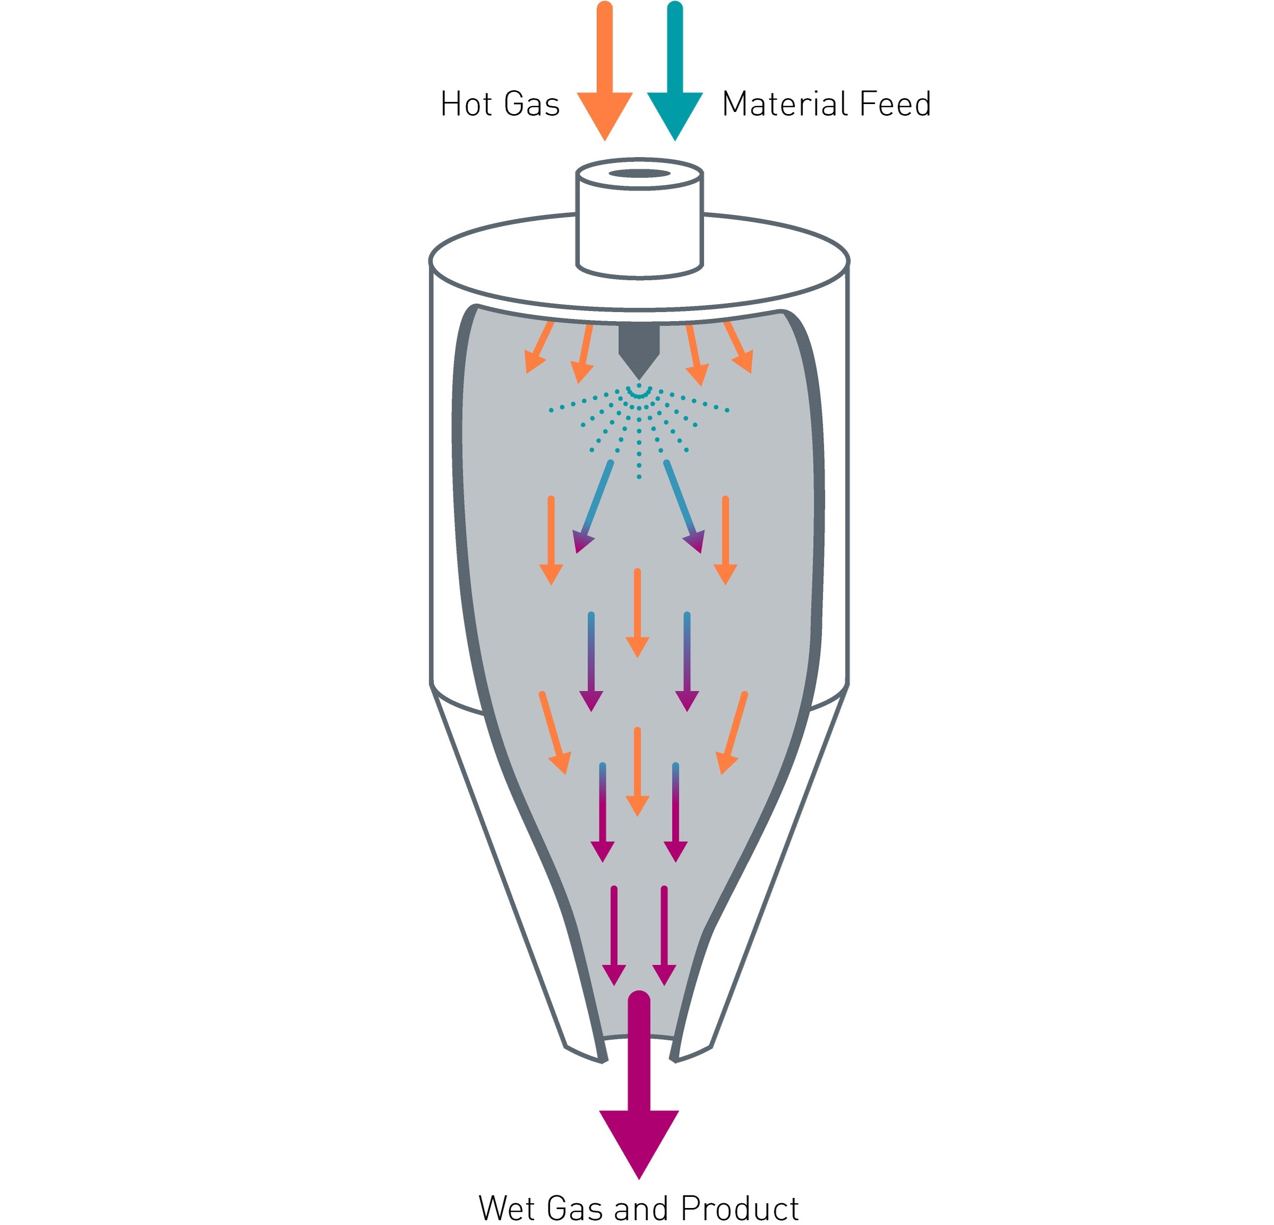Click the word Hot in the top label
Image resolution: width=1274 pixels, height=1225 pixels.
[x=466, y=104]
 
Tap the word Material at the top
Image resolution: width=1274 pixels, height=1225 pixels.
[x=784, y=104]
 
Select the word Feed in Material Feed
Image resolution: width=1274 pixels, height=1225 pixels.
[x=895, y=104]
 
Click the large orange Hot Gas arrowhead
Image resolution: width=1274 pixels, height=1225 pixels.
[x=605, y=116]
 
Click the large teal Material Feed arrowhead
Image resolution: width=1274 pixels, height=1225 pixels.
[x=675, y=116]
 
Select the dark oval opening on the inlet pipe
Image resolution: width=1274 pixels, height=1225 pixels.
[x=640, y=174]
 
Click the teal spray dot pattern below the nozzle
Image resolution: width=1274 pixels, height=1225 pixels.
[x=639, y=429]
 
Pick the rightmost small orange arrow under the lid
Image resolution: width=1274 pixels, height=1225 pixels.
[x=739, y=347]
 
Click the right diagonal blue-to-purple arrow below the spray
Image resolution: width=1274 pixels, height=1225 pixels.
[x=684, y=507]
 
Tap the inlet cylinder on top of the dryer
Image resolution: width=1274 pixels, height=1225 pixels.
[x=640, y=221]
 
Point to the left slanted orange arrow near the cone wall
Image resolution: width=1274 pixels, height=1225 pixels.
[x=554, y=733]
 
